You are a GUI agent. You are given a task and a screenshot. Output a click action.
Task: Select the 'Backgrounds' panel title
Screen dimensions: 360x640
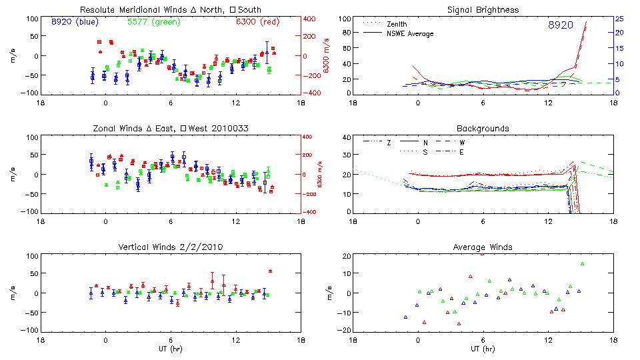(x=483, y=128)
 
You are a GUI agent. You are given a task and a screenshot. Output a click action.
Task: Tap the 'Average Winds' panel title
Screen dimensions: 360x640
(x=483, y=247)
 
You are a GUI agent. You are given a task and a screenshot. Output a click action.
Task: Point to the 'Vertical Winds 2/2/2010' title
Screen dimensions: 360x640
(x=170, y=247)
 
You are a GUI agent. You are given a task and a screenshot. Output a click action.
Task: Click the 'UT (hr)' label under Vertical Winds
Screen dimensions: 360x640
(x=171, y=349)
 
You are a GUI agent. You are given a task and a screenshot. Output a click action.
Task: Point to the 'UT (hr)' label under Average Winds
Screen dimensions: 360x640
(x=483, y=349)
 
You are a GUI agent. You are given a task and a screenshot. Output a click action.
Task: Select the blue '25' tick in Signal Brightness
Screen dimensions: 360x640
(x=619, y=19)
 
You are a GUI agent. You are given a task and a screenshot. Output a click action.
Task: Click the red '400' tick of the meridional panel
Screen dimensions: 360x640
(x=310, y=19)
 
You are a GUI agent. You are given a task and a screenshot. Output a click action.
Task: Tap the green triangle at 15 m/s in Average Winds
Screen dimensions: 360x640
(x=582, y=264)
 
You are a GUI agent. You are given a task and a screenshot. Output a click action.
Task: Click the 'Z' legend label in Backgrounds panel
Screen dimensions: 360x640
(x=389, y=143)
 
